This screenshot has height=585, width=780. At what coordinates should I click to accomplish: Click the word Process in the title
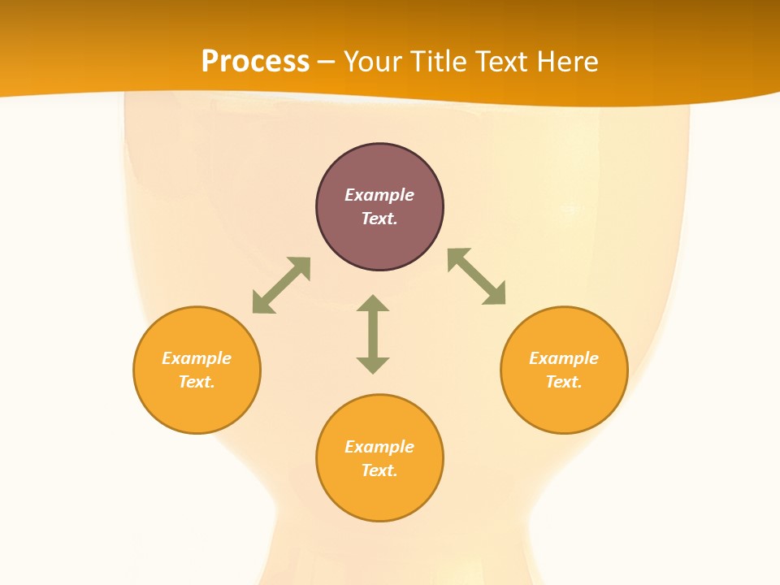point(255,62)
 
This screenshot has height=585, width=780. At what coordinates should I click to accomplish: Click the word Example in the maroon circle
point(379,195)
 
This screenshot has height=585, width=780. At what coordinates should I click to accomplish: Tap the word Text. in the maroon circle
point(379,219)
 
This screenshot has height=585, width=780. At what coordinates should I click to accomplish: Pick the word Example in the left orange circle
point(197,358)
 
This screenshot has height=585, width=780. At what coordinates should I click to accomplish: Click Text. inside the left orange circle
point(197,382)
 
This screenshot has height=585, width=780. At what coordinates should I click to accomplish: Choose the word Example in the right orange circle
point(564,358)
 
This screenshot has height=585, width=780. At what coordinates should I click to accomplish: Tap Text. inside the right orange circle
point(564,382)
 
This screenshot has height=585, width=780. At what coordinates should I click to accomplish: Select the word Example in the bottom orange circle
point(379,447)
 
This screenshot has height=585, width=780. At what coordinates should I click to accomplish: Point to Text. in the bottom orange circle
point(379,470)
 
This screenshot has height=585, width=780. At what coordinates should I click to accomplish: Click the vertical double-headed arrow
point(373,334)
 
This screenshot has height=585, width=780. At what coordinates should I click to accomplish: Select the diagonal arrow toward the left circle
point(281,285)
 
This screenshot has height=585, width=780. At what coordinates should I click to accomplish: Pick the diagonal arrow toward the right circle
point(477,276)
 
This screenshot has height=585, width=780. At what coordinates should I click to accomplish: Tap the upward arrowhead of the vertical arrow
point(373,303)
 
